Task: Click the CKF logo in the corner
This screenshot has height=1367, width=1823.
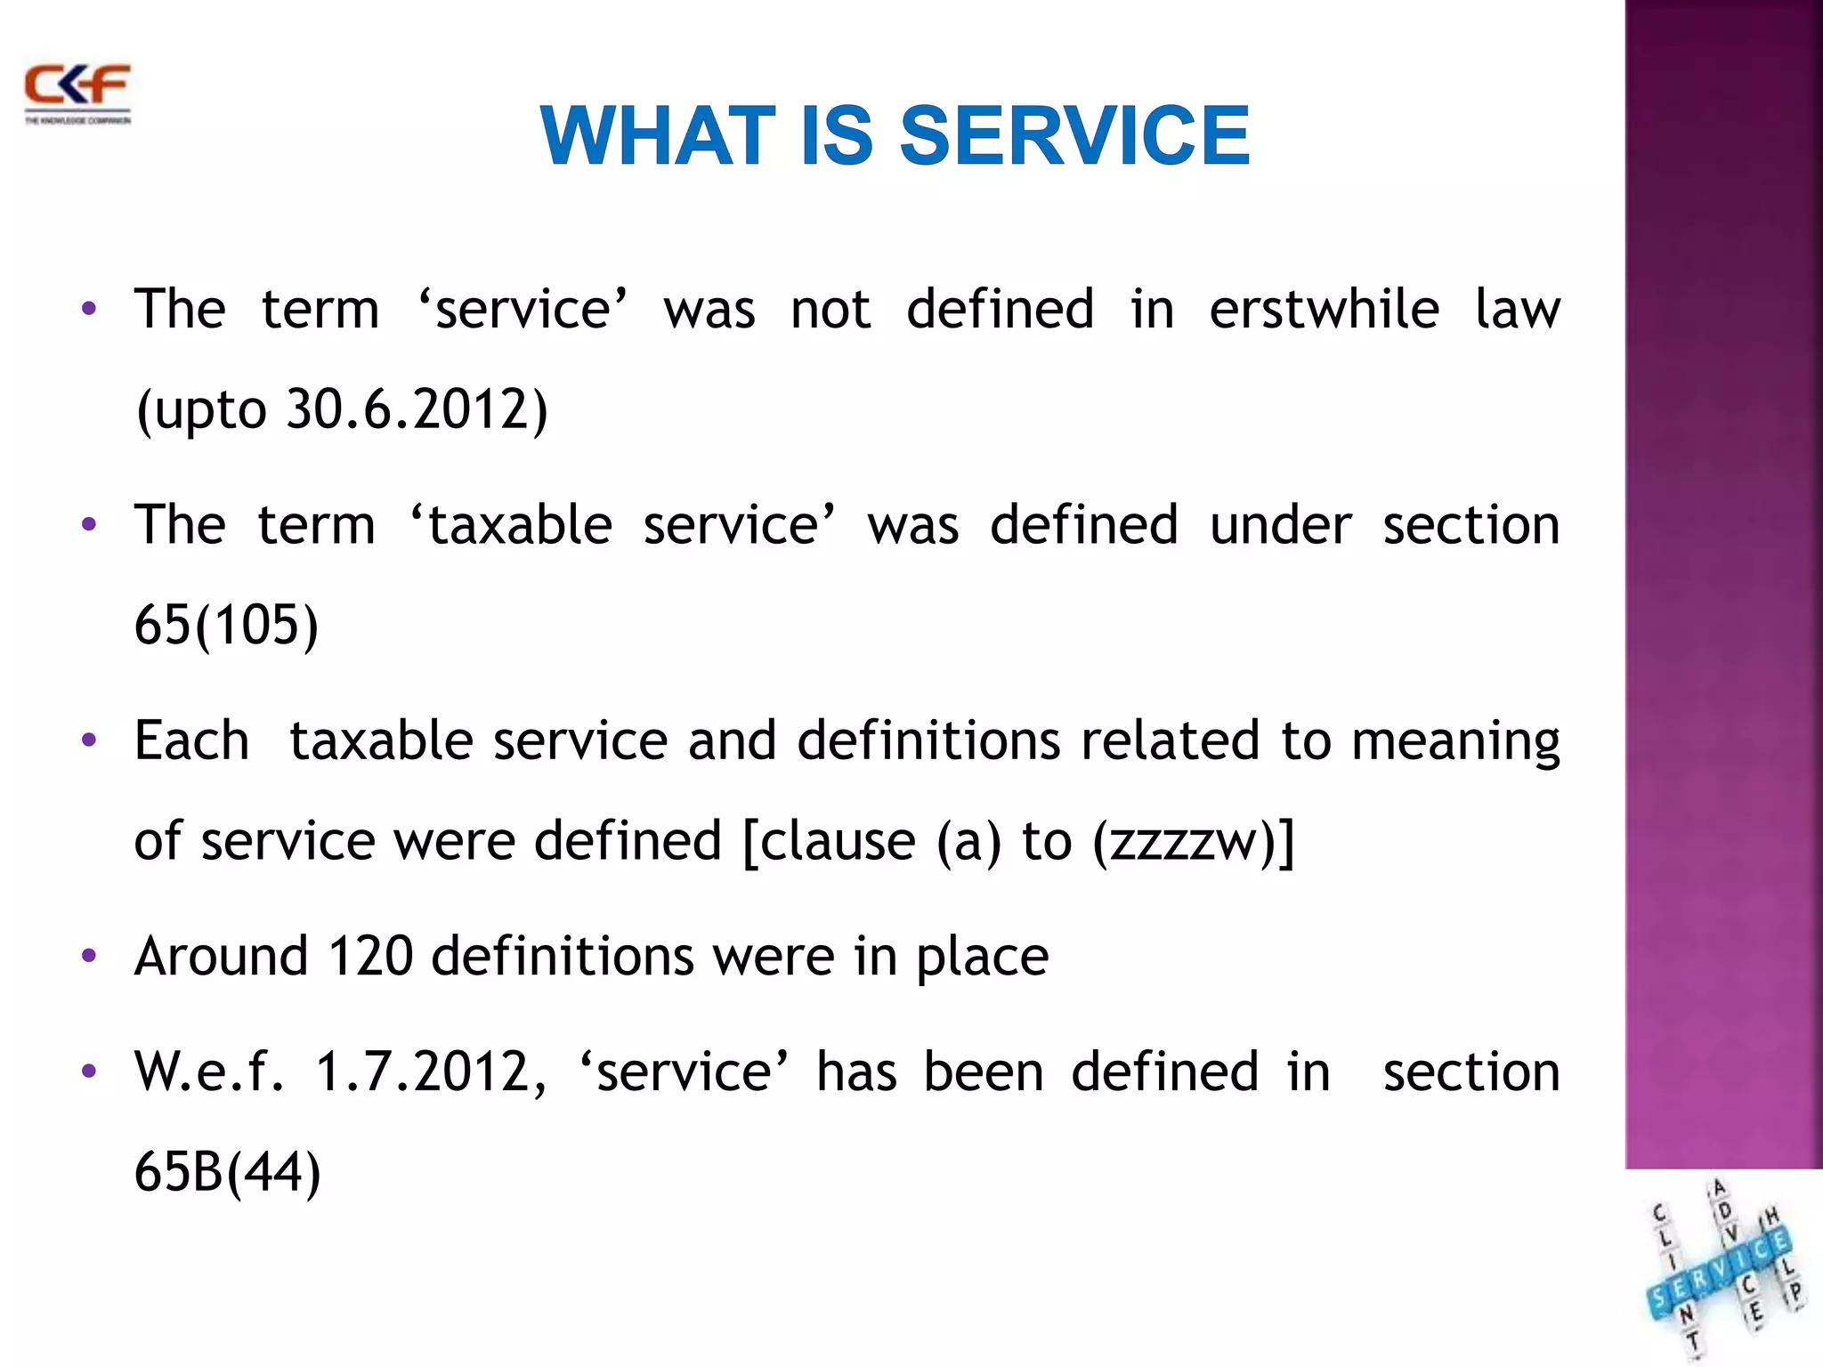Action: [x=78, y=93]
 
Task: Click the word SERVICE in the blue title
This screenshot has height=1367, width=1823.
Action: [x=1074, y=136]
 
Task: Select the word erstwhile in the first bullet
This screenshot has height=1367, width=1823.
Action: [x=1324, y=310]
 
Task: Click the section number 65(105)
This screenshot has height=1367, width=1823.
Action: [x=226, y=625]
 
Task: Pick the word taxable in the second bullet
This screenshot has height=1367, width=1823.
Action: [x=521, y=525]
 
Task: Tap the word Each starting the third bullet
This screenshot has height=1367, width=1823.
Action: [x=191, y=740]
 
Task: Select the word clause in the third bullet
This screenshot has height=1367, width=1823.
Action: [x=838, y=841]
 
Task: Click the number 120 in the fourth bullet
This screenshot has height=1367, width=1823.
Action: [x=370, y=957]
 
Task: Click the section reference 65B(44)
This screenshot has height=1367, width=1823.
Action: [x=227, y=1172]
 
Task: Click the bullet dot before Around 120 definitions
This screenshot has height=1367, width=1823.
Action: [x=88, y=957]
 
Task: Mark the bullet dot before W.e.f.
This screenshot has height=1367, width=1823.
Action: [x=88, y=1072]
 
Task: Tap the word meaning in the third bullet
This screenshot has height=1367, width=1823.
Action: [x=1455, y=742]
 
